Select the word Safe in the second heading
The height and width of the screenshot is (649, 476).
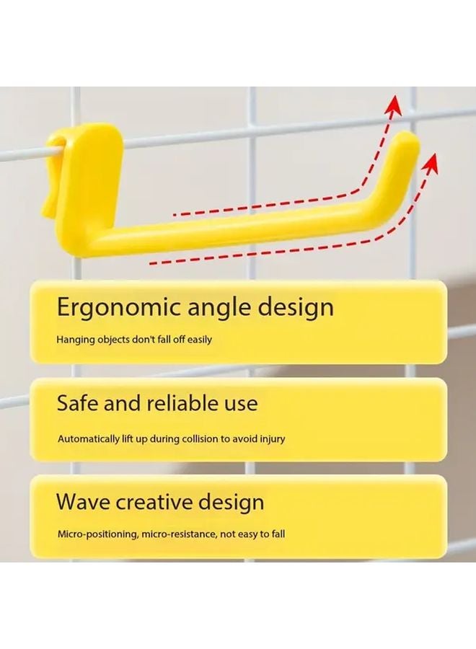coord(76,402)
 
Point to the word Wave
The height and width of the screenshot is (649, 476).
coord(82,501)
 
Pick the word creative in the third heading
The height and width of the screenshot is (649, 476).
coord(154,502)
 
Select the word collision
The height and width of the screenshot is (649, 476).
coord(200,438)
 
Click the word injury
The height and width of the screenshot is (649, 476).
coord(272,439)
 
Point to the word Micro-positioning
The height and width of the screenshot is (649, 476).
coord(98,534)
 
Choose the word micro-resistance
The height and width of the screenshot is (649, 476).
coord(180,534)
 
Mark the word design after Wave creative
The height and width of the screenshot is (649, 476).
coord(232,503)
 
